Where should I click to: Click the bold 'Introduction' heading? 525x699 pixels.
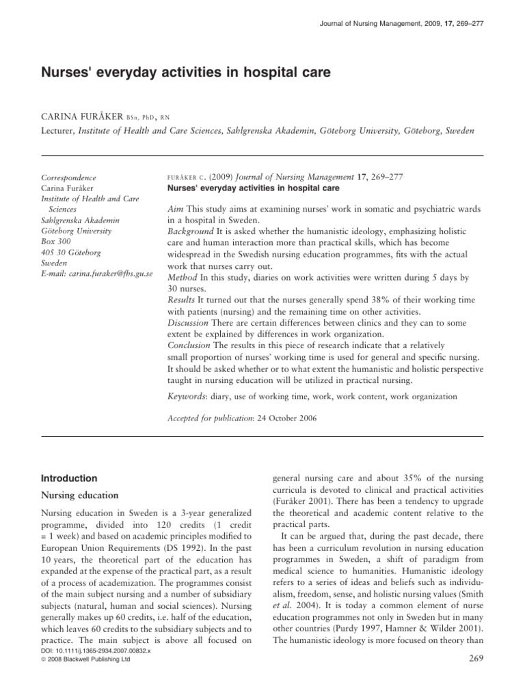tap(70, 479)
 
